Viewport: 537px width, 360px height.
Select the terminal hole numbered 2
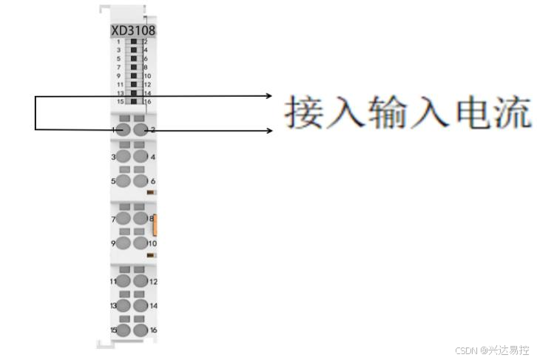tap(141, 130)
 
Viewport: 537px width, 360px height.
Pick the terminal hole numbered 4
tap(141, 156)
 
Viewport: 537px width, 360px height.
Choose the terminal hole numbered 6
tap(141, 180)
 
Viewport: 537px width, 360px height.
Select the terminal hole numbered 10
tap(141, 242)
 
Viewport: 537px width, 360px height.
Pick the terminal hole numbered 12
tap(141, 281)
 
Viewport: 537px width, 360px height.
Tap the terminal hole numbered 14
tap(141, 305)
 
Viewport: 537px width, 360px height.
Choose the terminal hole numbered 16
tap(141, 329)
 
